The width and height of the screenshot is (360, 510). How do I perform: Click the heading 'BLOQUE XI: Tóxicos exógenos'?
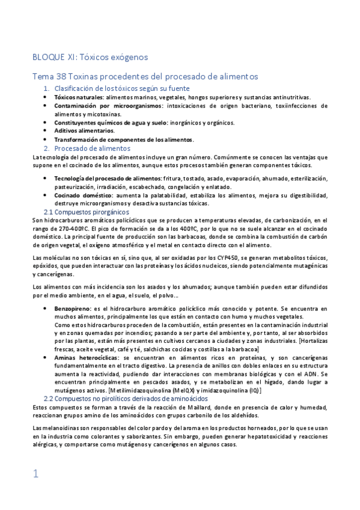[90, 57]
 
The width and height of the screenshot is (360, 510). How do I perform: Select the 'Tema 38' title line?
[145, 77]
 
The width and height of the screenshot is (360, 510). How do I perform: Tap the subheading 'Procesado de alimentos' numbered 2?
[92, 148]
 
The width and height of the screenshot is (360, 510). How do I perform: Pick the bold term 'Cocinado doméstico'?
[82, 195]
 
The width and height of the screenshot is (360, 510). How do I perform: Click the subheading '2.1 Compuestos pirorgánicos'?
[87, 212]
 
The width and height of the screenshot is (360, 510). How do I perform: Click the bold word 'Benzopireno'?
[72, 308]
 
